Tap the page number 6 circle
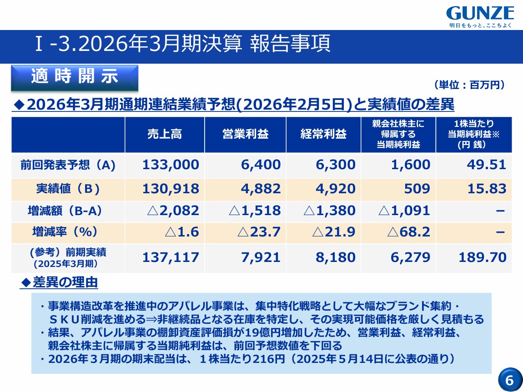[x=510, y=380]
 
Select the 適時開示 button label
[x=75, y=76]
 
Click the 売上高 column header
[x=165, y=134]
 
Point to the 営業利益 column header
[x=246, y=134]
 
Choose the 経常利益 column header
[x=323, y=134]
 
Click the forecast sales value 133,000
[x=171, y=165]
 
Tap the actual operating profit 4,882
[x=261, y=189]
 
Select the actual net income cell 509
[x=417, y=189]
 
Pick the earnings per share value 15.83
[x=487, y=189]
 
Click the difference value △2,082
[x=173, y=211]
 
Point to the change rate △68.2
[x=408, y=232]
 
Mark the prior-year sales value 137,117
[x=171, y=257]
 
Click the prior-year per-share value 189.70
[x=483, y=257]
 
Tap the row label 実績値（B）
[x=68, y=189]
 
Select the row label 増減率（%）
[x=65, y=232]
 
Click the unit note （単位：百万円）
[x=470, y=85]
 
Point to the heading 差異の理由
[x=60, y=282]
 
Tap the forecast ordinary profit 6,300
[x=336, y=165]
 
